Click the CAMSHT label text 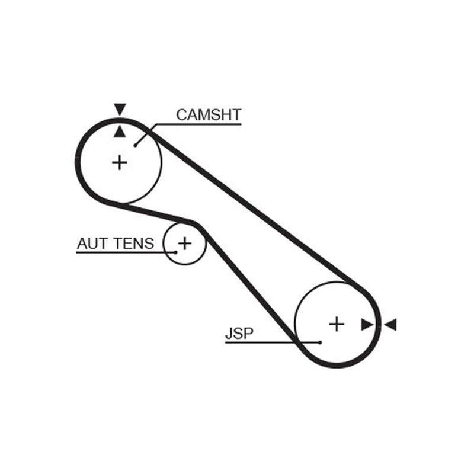[209, 115]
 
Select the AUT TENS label [116, 244]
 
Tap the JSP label [239, 334]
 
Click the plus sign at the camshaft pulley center [120, 162]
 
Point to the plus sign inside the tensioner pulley [185, 243]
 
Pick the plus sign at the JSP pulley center [337, 324]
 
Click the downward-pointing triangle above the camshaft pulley [120, 110]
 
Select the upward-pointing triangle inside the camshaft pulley [120, 132]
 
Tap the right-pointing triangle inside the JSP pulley [367, 325]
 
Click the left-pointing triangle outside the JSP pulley [390, 325]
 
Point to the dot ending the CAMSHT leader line [136, 145]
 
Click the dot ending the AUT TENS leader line [175, 252]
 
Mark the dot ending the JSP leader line [320, 342]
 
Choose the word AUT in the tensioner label [93, 244]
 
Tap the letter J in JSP [229, 334]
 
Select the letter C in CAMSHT [182, 115]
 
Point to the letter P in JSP [248, 334]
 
